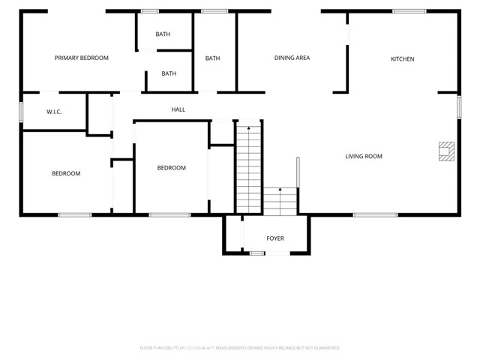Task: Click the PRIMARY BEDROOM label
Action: coord(82,58)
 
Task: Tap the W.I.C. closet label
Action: coord(54,112)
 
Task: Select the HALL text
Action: coord(178,109)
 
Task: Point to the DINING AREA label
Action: coord(292,58)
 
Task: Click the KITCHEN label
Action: coord(402,59)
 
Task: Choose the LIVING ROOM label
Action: coord(364,157)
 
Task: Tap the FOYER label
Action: coord(275,238)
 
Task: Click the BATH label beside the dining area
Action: coord(213,58)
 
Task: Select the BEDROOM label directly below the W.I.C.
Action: coord(66,173)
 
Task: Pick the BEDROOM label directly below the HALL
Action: coord(171,168)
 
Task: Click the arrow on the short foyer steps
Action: coord(280,191)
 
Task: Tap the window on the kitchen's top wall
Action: coord(409,10)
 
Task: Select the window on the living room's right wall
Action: coord(459,106)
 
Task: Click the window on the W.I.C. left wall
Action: coord(21,111)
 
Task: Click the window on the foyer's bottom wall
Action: coord(257,253)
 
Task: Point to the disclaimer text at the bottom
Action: coord(240,348)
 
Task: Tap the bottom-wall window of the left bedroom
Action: coord(75,215)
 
